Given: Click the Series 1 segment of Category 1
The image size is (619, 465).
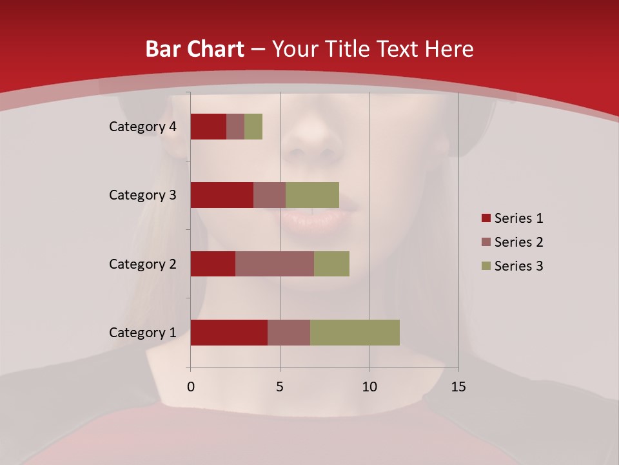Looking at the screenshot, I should click(x=229, y=333).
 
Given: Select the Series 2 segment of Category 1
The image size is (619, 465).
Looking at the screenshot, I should click(x=289, y=333).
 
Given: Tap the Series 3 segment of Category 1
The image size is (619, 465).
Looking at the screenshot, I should click(x=355, y=333).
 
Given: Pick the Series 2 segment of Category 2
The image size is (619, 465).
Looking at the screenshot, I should click(x=275, y=263).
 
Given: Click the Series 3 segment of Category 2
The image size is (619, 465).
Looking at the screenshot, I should click(x=331, y=263).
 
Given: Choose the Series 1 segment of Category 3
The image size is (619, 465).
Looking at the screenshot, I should click(x=222, y=195).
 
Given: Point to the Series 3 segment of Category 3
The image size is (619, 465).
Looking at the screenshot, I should click(x=312, y=195).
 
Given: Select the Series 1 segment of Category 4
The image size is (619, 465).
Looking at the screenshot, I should click(x=208, y=127).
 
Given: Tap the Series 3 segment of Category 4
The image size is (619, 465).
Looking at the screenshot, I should click(x=253, y=127).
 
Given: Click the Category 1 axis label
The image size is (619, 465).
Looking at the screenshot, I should click(x=142, y=333).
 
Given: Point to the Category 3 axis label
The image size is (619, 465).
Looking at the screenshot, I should click(x=142, y=195).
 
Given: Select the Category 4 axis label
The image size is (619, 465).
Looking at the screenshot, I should click(x=142, y=127).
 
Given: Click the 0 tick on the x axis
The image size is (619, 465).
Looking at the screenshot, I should click(x=191, y=387).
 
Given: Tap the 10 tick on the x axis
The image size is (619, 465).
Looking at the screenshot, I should click(x=369, y=387).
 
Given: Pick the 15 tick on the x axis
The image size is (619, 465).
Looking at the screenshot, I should click(x=458, y=387).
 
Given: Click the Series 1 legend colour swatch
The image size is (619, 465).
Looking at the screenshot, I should click(x=486, y=218).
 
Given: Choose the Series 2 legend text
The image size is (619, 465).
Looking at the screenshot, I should click(x=518, y=242).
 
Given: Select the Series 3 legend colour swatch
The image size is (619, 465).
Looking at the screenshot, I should click(x=486, y=266).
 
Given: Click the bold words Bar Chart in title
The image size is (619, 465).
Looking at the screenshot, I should click(x=194, y=49).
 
